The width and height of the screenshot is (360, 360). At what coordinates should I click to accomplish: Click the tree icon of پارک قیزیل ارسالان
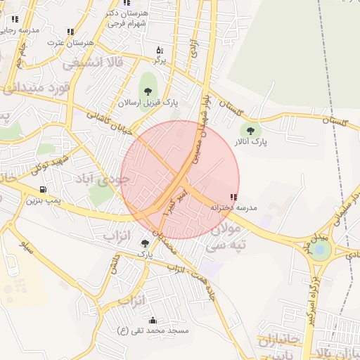[147, 90]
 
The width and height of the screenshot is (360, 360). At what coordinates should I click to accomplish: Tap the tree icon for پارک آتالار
[249, 130]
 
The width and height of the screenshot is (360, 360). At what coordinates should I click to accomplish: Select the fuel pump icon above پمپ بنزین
[44, 189]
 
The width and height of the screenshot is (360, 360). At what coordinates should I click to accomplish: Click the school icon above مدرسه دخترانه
[233, 198]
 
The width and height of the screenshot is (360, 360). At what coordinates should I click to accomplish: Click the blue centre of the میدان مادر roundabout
[321, 249]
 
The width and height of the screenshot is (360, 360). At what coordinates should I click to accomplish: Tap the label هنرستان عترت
[65, 42]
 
